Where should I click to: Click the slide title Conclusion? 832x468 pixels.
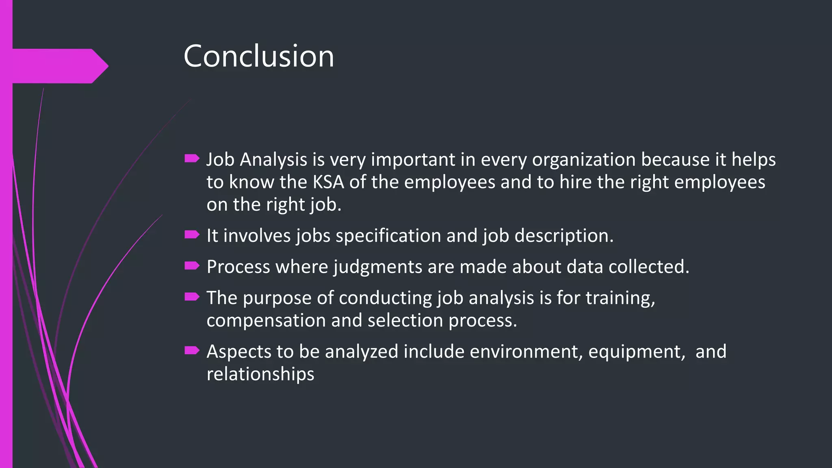click(259, 56)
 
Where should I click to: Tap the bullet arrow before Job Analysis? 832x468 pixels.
click(192, 158)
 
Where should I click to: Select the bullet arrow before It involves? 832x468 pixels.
click(192, 234)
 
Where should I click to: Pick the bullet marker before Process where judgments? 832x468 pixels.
click(192, 266)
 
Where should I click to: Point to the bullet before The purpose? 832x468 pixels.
click(192, 297)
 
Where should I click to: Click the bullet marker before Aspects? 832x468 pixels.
click(192, 350)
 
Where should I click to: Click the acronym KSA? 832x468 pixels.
click(328, 182)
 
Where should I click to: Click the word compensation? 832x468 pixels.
click(266, 321)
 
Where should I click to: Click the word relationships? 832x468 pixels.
click(260, 374)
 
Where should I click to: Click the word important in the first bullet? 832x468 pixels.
click(413, 160)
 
